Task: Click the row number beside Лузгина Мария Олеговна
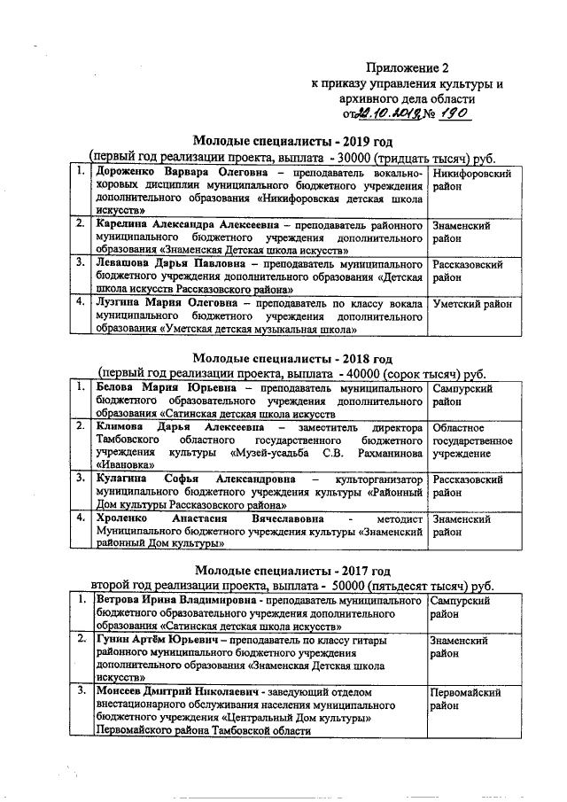point(81,303)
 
